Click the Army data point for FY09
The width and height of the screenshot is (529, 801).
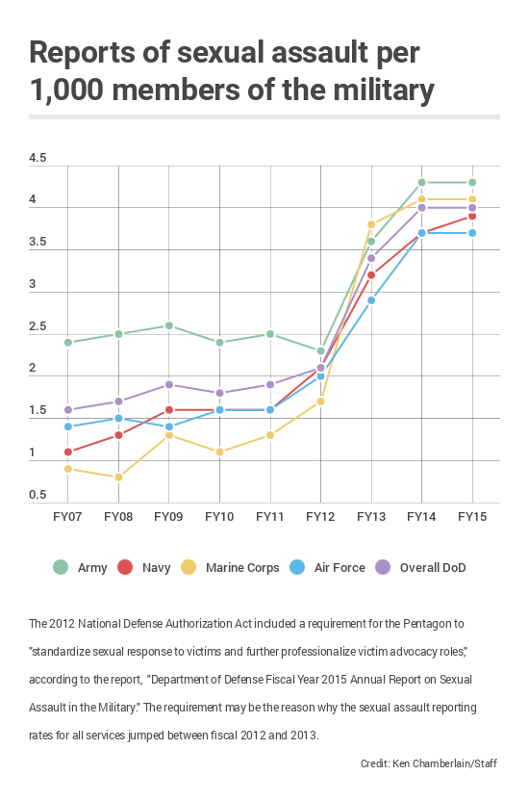[169, 326]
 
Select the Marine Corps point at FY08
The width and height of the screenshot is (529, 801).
[118, 478]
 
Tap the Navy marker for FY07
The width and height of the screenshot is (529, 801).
[68, 452]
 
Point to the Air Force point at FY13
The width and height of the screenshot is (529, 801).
[371, 300]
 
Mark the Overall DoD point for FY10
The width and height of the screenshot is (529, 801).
[219, 393]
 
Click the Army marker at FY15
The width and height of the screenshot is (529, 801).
[472, 182]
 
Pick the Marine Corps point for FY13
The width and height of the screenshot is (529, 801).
[371, 224]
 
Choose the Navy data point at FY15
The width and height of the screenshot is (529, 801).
[472, 216]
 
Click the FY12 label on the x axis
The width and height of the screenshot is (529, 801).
[320, 517]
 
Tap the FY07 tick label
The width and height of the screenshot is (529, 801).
[67, 517]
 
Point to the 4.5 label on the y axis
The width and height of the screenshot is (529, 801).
[38, 158]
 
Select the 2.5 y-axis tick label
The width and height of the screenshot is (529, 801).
[38, 326]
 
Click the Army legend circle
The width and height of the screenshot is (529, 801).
[61, 568]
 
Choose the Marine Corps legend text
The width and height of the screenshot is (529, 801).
[242, 568]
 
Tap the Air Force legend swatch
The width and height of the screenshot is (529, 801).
[297, 568]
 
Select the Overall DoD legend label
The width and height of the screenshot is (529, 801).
[433, 568]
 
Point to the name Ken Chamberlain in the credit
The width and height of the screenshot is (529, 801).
[433, 763]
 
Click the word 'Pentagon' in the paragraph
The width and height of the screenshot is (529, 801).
[426, 624]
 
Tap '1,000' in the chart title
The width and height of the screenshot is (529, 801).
[66, 90]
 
